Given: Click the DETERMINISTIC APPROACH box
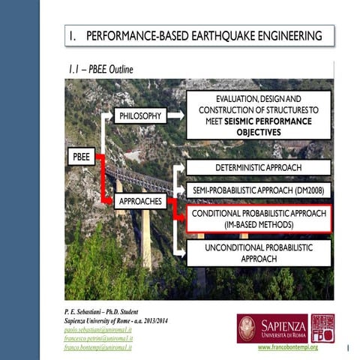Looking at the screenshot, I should click(258, 168).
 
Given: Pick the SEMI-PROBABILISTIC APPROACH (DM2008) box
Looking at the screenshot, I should click(258, 191).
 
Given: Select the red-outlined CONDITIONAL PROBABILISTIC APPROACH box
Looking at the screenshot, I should click(258, 218).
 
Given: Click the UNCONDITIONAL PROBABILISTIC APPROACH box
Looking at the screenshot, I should click(258, 252).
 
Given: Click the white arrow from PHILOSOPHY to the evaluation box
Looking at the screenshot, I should click(175, 115).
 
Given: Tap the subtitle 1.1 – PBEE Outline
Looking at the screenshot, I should click(101, 70).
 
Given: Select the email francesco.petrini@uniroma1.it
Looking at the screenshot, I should click(97, 339).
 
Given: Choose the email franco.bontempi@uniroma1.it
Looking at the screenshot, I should click(97, 347).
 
